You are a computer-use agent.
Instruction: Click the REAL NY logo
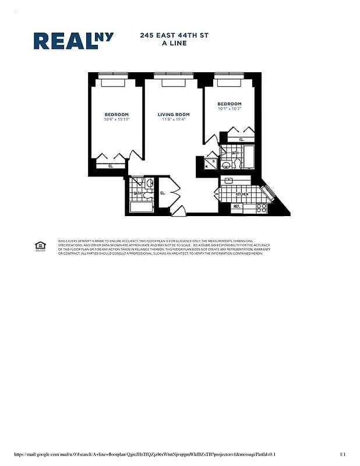coord(73,40)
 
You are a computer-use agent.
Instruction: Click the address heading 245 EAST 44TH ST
coord(174,36)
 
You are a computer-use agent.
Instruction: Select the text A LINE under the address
coord(174,43)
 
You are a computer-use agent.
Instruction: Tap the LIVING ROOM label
coord(174,114)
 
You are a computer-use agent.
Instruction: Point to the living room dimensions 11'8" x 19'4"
coord(174,119)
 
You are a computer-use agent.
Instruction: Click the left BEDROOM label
coord(117,114)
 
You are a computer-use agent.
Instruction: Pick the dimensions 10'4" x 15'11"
coord(117,119)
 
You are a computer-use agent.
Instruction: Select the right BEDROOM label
coord(230,104)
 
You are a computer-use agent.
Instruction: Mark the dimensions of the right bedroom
coord(230,109)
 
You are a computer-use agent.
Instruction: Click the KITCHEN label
coord(242,194)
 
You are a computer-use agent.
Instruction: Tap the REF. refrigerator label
coord(237,206)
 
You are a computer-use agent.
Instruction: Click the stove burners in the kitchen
coord(262,207)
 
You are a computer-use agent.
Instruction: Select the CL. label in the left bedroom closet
coord(110,166)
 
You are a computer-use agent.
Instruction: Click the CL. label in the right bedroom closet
coord(241,139)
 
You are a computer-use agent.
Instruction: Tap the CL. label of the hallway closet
coord(163,192)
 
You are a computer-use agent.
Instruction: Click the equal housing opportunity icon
coord(40,246)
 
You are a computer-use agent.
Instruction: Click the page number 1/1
coord(343,454)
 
